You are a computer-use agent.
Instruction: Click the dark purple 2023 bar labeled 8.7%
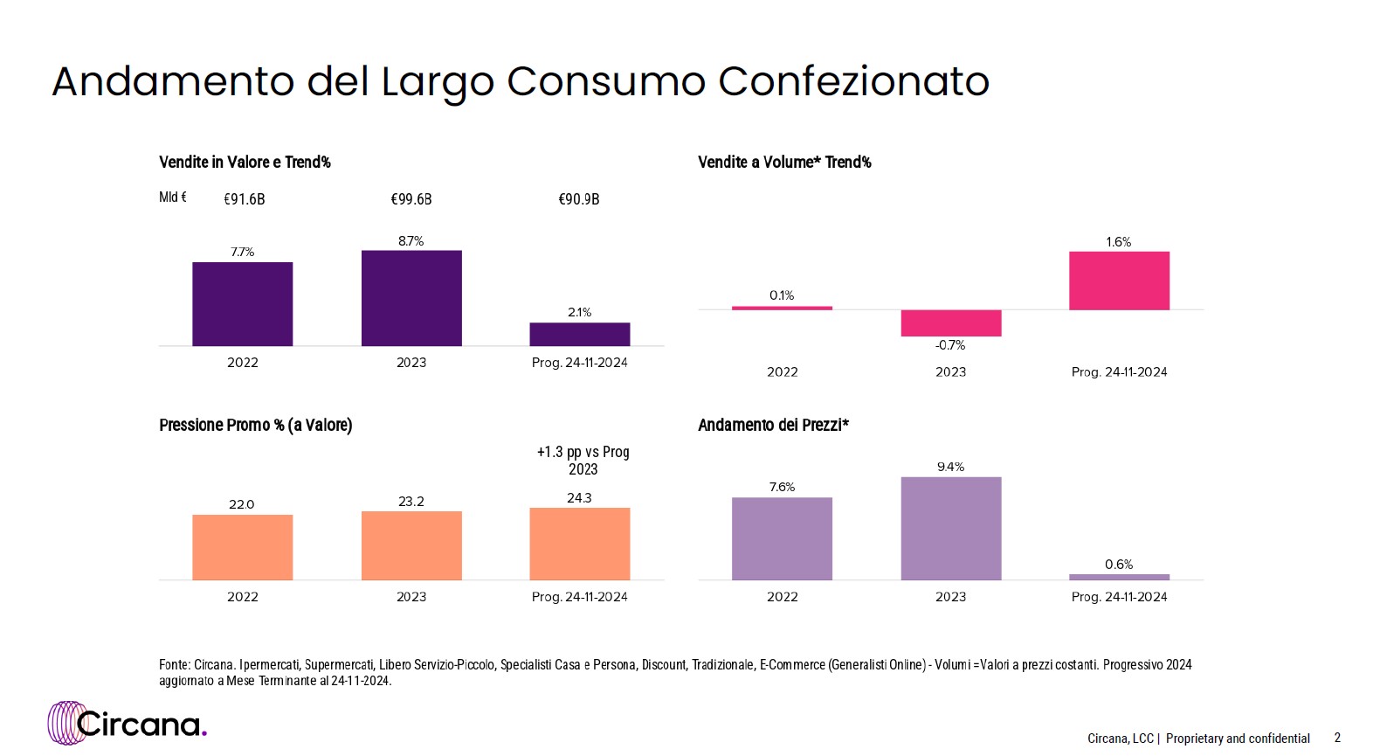pyautogui.click(x=411, y=298)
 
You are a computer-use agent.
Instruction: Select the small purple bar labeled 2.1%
pyautogui.click(x=579, y=334)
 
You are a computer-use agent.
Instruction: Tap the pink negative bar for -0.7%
pyautogui.click(x=951, y=323)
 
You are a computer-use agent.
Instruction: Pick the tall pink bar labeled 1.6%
pyautogui.click(x=1119, y=281)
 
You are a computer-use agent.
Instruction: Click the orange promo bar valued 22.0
pyautogui.click(x=243, y=547)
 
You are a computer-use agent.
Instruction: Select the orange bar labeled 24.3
pyautogui.click(x=579, y=544)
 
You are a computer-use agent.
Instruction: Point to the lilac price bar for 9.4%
pyautogui.click(x=951, y=528)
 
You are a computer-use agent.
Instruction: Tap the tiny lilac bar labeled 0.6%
pyautogui.click(x=1119, y=577)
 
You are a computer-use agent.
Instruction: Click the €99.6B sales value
pyautogui.click(x=411, y=199)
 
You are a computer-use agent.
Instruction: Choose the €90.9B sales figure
pyautogui.click(x=579, y=199)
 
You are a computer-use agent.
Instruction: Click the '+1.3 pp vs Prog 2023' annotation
pyautogui.click(x=583, y=461)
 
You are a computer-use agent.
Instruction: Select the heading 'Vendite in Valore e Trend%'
pyautogui.click(x=245, y=163)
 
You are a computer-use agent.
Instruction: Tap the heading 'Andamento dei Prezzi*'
pyautogui.click(x=773, y=426)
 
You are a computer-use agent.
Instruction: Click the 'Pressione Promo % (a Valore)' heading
pyautogui.click(x=255, y=426)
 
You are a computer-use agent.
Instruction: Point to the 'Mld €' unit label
pyautogui.click(x=173, y=198)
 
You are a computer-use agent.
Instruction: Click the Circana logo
pyautogui.click(x=128, y=723)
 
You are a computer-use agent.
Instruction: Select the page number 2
pyautogui.click(x=1337, y=738)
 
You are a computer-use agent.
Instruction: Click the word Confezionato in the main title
pyautogui.click(x=853, y=82)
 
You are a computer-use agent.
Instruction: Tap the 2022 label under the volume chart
pyautogui.click(x=783, y=372)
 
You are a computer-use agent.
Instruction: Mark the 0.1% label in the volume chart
pyautogui.click(x=782, y=295)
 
